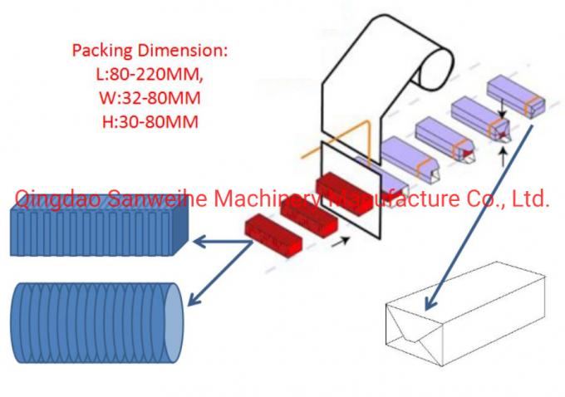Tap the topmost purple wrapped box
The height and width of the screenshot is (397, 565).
[515, 93]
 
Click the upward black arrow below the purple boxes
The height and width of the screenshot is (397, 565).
[503, 155]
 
